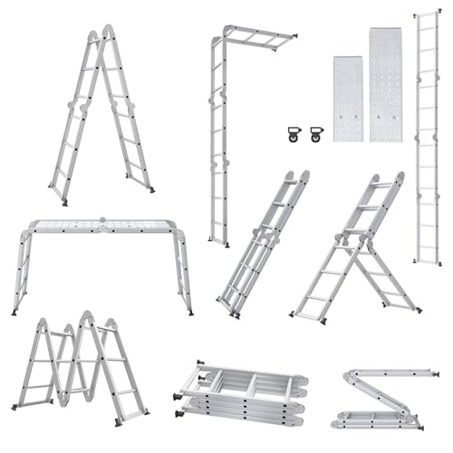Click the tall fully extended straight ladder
point(429,136)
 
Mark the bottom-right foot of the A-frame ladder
point(150,188)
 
